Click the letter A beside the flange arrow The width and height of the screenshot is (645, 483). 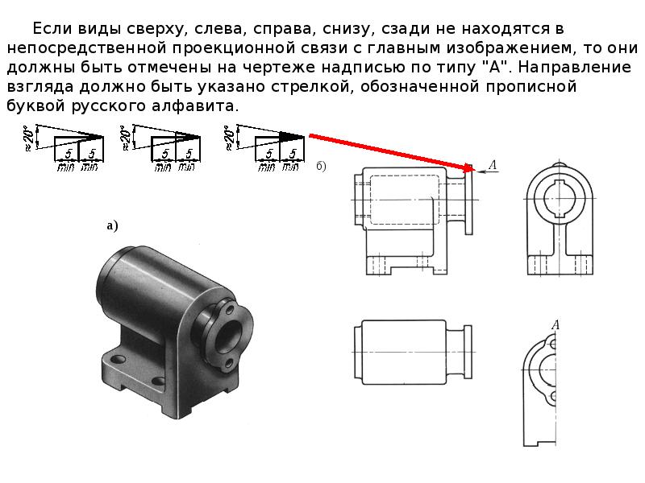pyautogui.click(x=493, y=165)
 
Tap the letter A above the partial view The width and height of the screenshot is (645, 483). pyautogui.click(x=556, y=325)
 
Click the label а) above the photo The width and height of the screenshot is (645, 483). pyautogui.click(x=112, y=225)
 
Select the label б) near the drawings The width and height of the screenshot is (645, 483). pyautogui.click(x=321, y=166)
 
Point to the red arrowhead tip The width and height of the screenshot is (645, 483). pyautogui.click(x=472, y=169)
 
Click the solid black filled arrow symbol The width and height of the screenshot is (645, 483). pyautogui.click(x=292, y=137)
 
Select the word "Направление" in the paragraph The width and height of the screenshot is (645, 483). pyautogui.click(x=574, y=67)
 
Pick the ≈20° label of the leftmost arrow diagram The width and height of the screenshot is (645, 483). pyautogui.click(x=29, y=138)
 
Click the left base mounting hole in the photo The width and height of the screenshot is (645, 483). pyautogui.click(x=119, y=359)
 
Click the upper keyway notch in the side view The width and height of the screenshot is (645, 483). pyautogui.click(x=560, y=183)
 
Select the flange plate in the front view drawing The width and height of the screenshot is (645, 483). pyautogui.click(x=469, y=202)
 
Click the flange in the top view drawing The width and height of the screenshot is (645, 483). pyautogui.click(x=468, y=352)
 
